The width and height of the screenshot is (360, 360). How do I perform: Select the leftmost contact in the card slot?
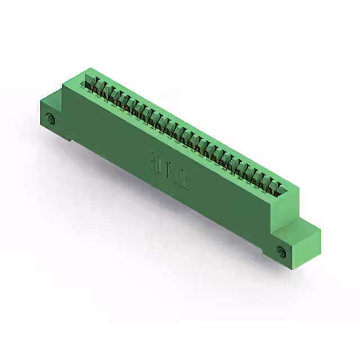[89, 83]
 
